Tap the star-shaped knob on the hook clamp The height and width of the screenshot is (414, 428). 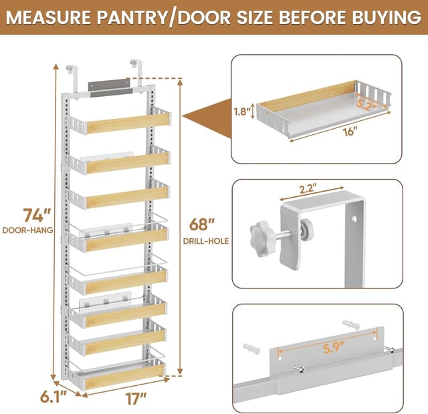click(x=260, y=234)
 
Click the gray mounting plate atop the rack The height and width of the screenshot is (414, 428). click(x=109, y=87)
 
